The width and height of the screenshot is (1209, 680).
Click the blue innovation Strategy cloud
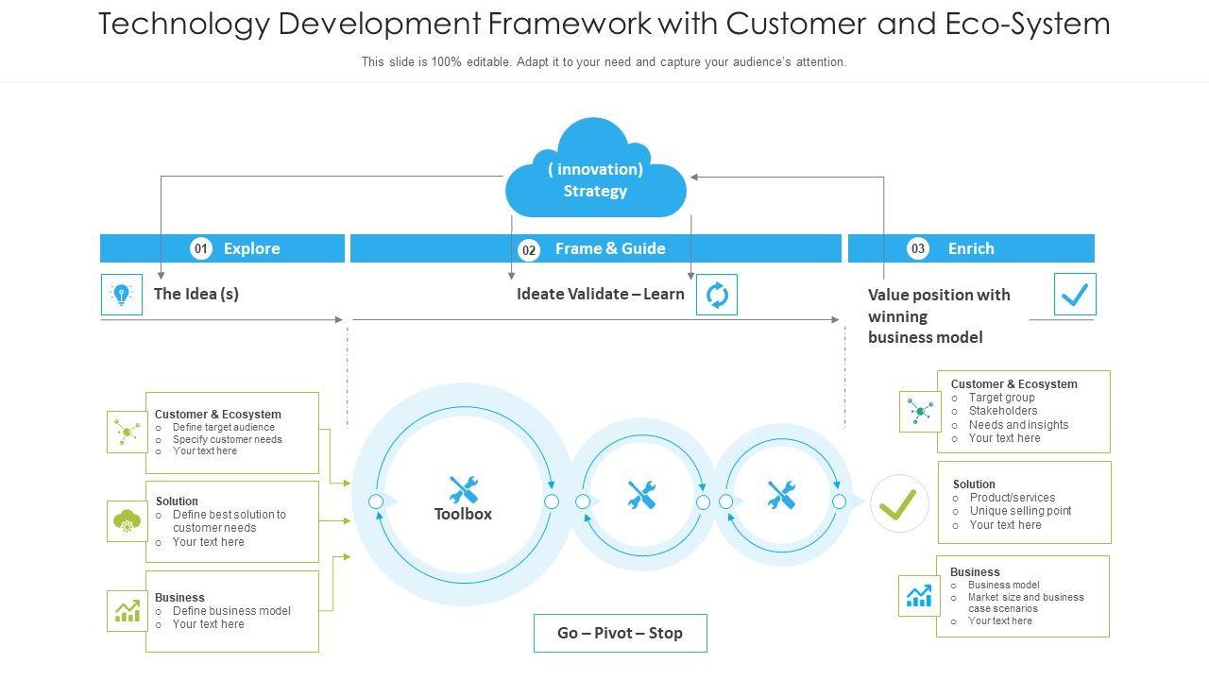pyautogui.click(x=595, y=175)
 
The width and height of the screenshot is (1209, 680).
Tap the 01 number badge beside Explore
pyautogui.click(x=200, y=248)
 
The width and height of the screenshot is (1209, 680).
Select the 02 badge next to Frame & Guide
pyautogui.click(x=529, y=250)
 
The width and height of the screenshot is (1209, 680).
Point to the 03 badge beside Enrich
pyautogui.click(x=918, y=248)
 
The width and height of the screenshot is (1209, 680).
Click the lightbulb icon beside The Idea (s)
pyautogui.click(x=122, y=295)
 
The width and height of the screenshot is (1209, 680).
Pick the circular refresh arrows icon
pyautogui.click(x=717, y=295)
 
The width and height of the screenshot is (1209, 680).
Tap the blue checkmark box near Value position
pyautogui.click(x=1075, y=295)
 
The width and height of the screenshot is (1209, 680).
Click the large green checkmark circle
pyautogui.click(x=899, y=503)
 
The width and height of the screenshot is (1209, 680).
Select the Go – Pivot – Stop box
pyautogui.click(x=620, y=633)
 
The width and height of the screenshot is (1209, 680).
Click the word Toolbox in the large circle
pyautogui.click(x=463, y=515)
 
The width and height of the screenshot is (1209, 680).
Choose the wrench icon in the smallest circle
pyautogui.click(x=781, y=494)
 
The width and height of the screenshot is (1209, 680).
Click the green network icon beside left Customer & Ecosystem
pyautogui.click(x=127, y=432)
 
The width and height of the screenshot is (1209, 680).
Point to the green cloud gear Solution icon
pyautogui.click(x=127, y=520)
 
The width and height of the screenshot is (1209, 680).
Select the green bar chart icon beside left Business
pyautogui.click(x=128, y=611)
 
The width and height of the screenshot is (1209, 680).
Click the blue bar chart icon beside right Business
pyautogui.click(x=919, y=596)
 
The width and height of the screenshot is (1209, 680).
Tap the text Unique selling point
pyautogui.click(x=1020, y=511)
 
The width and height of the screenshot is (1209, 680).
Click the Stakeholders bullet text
pyautogui.click(x=1003, y=411)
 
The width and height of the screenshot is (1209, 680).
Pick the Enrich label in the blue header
pyautogui.click(x=971, y=248)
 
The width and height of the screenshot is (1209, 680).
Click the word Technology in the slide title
pyautogui.click(x=184, y=24)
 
